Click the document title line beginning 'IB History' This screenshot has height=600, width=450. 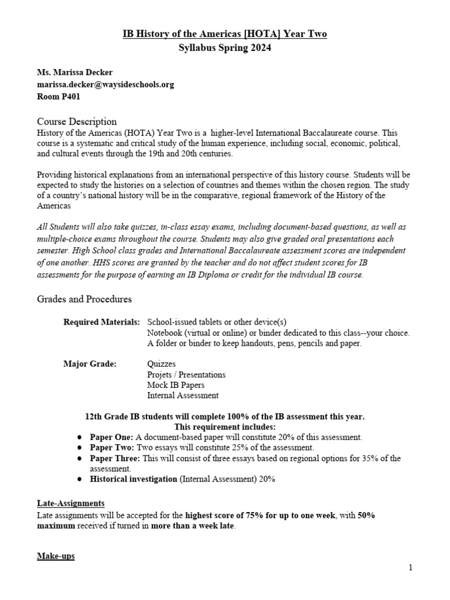225,34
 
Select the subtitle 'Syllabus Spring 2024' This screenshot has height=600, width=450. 225,48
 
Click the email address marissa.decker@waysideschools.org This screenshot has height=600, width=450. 105,85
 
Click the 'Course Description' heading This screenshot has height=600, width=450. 77,121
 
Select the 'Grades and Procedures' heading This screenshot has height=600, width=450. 84,299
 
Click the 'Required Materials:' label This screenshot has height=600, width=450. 101,322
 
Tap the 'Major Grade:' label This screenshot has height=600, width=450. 90,364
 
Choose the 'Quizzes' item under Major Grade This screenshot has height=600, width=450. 161,364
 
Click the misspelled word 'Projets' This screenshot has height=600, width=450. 161,374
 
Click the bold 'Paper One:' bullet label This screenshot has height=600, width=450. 111,437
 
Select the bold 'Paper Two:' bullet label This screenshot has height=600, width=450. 111,448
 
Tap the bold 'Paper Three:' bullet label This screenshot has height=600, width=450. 114,458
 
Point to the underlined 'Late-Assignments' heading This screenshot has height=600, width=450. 71,503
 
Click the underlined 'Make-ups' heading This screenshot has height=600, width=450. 56,555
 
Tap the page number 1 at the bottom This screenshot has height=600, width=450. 411,567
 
